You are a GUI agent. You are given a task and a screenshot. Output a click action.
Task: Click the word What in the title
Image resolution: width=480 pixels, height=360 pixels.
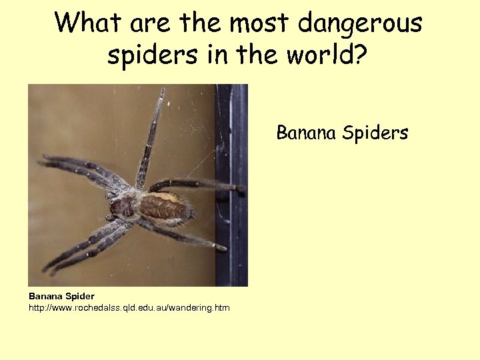click(x=89, y=23)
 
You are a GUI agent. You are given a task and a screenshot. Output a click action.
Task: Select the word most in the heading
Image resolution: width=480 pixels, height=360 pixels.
click(x=261, y=23)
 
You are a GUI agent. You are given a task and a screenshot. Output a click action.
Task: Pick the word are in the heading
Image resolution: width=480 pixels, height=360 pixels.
click(x=150, y=24)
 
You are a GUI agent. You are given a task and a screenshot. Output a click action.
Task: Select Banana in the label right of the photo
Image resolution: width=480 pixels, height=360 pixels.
click(x=306, y=133)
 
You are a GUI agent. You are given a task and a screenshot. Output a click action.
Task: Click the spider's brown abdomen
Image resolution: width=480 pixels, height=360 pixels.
click(x=163, y=206)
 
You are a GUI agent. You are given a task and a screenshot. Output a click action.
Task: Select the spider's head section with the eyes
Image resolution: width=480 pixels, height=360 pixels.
click(x=121, y=207)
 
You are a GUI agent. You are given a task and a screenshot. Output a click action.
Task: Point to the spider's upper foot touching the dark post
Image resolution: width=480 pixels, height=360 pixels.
click(x=239, y=189)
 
